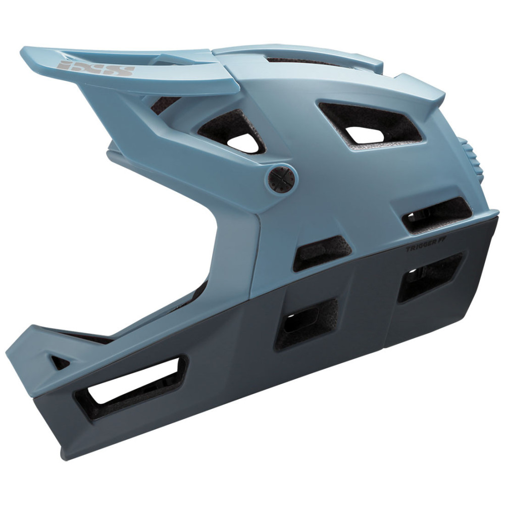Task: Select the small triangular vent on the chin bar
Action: click(x=60, y=362)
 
